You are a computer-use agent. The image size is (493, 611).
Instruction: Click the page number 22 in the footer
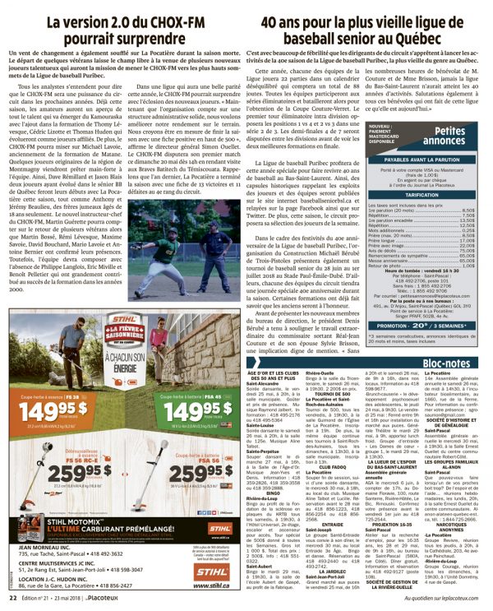coord(13,599)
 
